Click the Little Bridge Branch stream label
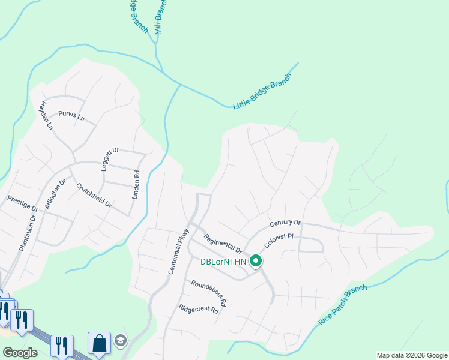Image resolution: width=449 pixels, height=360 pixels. click(262, 92)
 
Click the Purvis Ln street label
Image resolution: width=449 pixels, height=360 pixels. click(71, 115)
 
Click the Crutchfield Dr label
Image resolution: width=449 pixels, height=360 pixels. click(94, 194)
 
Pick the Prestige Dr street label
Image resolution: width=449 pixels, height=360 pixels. click(22, 203)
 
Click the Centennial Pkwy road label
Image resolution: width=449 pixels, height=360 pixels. click(179, 251)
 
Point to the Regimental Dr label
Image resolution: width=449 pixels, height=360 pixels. click(222, 243)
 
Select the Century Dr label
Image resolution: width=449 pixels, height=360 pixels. click(285, 223)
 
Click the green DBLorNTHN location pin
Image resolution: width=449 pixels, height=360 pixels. click(256, 261)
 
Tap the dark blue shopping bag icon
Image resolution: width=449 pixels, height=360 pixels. click(99, 343)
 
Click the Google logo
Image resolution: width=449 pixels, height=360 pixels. click(20, 352)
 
